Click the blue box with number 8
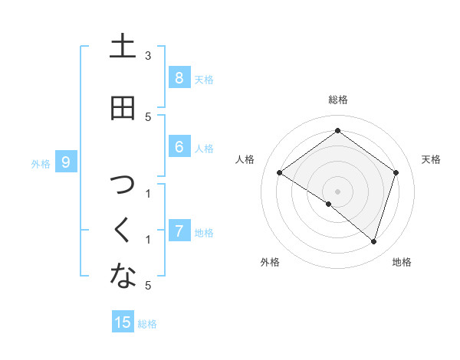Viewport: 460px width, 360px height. pyautogui.click(x=179, y=78)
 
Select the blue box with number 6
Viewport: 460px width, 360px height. pyautogui.click(x=179, y=147)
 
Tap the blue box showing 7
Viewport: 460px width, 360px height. pyautogui.click(x=179, y=231)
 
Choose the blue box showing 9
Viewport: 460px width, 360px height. pyautogui.click(x=67, y=162)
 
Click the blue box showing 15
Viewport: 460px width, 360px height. pyautogui.click(x=123, y=322)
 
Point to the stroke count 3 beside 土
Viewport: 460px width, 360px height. pyautogui.click(x=148, y=56)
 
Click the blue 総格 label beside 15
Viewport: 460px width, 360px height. pyautogui.click(x=147, y=324)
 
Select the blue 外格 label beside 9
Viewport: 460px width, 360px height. pyautogui.click(x=41, y=163)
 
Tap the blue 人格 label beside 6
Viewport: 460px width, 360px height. pyautogui.click(x=204, y=149)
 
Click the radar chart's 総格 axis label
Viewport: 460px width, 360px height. pyautogui.click(x=337, y=100)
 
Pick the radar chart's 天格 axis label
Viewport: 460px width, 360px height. pyautogui.click(x=431, y=159)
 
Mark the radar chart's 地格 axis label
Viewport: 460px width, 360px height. pyautogui.click(x=402, y=263)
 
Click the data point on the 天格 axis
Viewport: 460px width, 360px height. pyautogui.click(x=396, y=172)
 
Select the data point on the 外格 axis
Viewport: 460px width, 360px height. pyautogui.click(x=329, y=204)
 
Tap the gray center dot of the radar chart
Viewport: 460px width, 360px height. pyautogui.click(x=337, y=191)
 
